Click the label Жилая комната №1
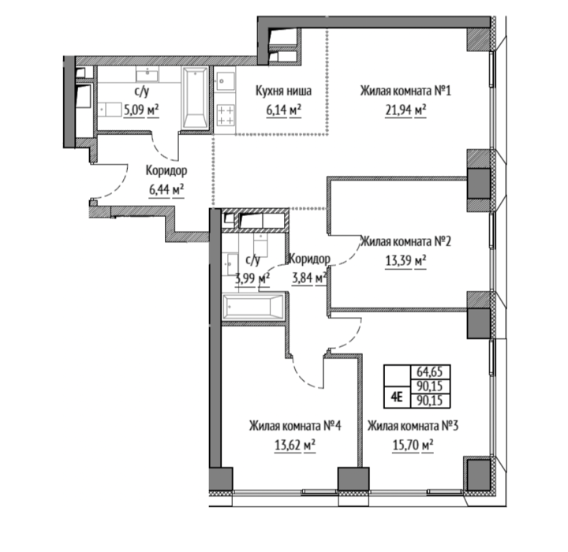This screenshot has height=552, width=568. point(405,91)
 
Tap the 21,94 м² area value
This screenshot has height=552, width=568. point(405,110)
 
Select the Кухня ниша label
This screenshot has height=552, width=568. point(283,91)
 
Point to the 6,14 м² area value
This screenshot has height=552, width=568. point(284,110)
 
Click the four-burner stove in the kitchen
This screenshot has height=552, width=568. point(225,114)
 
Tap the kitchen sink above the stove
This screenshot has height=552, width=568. point(225,81)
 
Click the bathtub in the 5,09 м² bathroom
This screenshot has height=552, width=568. point(196,98)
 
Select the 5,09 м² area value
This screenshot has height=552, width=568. point(141,110)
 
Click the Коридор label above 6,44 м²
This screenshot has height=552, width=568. point(166,170)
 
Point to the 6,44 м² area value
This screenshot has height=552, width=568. point(166,189)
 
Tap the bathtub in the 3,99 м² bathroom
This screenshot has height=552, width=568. point(253,308)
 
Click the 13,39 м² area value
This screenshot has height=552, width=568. point(405,260)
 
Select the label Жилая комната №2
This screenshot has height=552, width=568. point(405,241)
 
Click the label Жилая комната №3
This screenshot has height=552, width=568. point(413,426)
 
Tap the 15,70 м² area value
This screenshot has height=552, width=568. point(413,446)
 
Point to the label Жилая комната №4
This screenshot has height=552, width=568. point(295,426)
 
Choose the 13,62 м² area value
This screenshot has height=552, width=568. point(295,446)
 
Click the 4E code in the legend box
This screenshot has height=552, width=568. point(398,397)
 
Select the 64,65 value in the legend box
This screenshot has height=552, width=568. point(430,372)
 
